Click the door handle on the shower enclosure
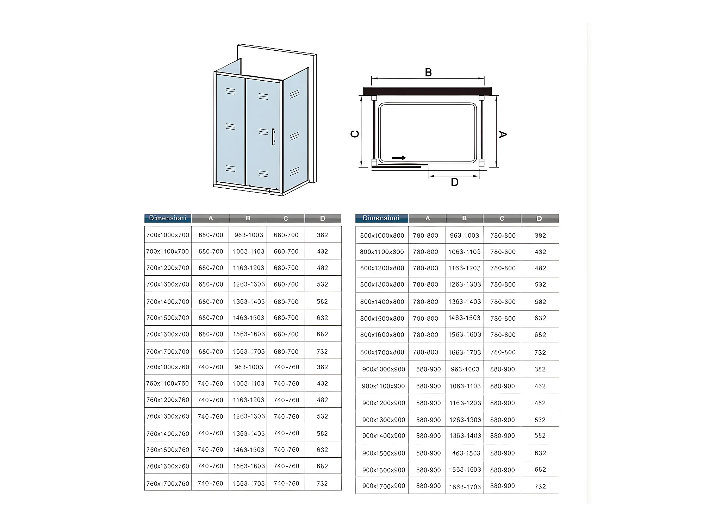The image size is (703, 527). pos(273,137)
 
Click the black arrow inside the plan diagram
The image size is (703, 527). pos(399,158)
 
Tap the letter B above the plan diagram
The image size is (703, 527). pos(428,73)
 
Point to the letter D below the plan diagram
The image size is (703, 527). pos(455,182)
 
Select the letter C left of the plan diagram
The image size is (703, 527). pos(355,134)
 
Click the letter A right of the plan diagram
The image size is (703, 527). pos(503,134)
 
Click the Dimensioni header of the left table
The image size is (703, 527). pos(168,218)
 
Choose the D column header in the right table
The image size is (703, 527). pos(539,219)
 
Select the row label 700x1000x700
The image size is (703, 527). pos(168,235)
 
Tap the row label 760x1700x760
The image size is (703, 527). pos(168,484)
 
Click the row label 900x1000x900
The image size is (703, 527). pos(384,369)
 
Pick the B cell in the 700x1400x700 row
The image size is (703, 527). pos(249,302)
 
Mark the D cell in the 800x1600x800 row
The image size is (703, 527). pos(540,335)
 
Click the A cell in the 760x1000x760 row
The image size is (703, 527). pos(211,367)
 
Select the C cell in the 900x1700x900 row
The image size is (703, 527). pos(502,486)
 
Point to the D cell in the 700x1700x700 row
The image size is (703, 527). pos(322,352)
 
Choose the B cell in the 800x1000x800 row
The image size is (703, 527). pos(464,236)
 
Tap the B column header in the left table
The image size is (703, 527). pos(248,219)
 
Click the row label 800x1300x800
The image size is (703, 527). pos(382,284)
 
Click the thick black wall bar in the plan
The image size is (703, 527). pos(427,92)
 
